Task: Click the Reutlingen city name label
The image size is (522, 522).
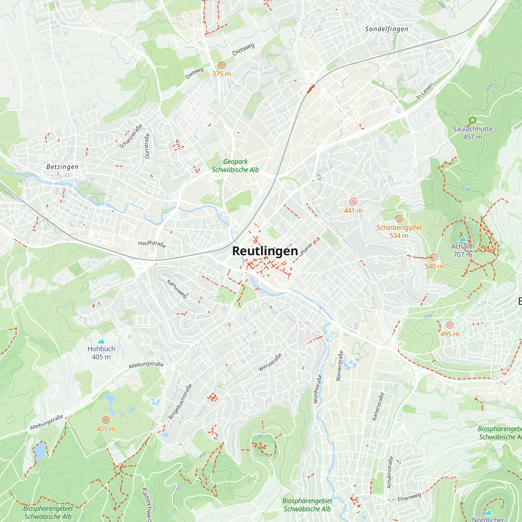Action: pyautogui.click(x=265, y=251)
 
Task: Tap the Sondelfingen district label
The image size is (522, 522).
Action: pyautogui.click(x=386, y=29)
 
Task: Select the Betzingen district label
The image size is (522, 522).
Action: pyautogui.click(x=62, y=167)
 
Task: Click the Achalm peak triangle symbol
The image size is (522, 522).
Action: pyautogui.click(x=462, y=239)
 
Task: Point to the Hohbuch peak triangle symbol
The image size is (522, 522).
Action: pyautogui.click(x=101, y=341)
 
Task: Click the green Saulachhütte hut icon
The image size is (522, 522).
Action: pyautogui.click(x=472, y=120)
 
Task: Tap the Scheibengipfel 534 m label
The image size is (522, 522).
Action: pyautogui.click(x=399, y=232)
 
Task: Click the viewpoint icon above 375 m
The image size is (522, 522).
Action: pyautogui.click(x=221, y=65)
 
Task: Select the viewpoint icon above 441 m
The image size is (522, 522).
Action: pyautogui.click(x=353, y=201)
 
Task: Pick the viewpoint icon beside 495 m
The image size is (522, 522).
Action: pyautogui.click(x=450, y=325)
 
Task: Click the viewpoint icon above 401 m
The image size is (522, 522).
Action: pyautogui.click(x=106, y=420)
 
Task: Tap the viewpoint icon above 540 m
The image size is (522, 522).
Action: pyautogui.click(x=434, y=257)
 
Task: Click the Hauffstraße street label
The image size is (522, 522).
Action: pyautogui.click(x=152, y=244)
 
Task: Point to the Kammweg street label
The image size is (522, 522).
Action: pyautogui.click(x=177, y=289)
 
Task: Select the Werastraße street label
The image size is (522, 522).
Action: pyautogui.click(x=270, y=362)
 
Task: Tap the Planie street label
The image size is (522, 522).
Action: pyautogui.click(x=306, y=248)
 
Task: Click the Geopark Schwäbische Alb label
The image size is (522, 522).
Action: pyautogui.click(x=235, y=166)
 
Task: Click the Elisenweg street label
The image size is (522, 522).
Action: pyautogui.click(x=409, y=497)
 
